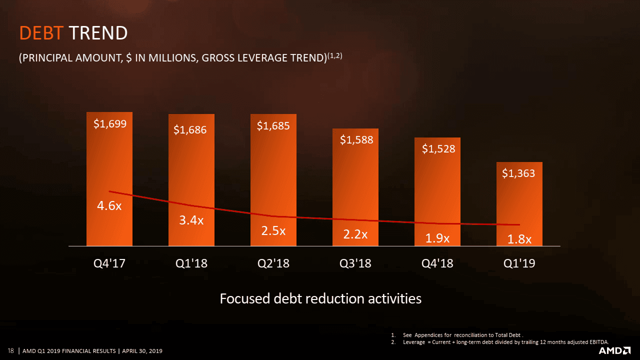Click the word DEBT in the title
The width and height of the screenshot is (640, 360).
(41, 33)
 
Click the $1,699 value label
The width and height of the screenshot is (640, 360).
(110, 124)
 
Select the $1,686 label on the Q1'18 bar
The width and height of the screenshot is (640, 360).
(190, 130)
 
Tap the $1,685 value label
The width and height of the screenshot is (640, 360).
(273, 126)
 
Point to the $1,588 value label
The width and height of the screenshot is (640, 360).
(356, 140)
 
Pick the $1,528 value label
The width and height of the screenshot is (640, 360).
(438, 148)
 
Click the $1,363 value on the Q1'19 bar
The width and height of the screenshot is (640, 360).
(518, 173)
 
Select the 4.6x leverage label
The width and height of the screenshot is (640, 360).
(109, 206)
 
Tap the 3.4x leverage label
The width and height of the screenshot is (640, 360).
(191, 220)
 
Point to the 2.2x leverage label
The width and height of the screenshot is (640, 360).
(355, 234)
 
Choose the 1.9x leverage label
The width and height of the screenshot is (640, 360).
(437, 239)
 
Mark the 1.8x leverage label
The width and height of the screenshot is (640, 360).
(519, 239)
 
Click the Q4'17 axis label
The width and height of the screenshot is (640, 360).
(109, 263)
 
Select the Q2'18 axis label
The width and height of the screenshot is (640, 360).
(273, 263)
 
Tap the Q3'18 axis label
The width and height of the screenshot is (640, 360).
(355, 263)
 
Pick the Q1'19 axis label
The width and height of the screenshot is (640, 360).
(519, 263)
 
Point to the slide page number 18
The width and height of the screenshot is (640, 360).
(10, 350)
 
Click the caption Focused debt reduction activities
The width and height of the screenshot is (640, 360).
(320, 298)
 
